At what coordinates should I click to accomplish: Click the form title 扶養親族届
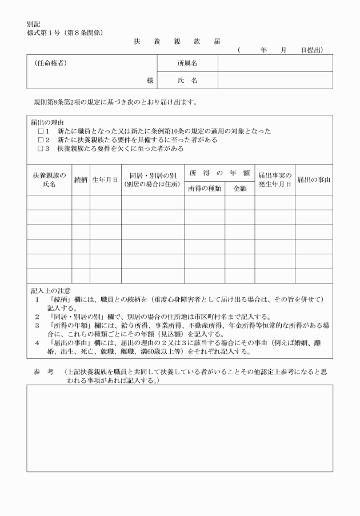tap(177, 42)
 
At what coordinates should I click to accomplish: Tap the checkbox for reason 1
tap(41, 131)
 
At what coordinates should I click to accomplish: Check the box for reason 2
tap(41, 140)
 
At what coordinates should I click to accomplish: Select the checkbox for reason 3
tap(41, 149)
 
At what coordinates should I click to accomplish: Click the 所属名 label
tap(187, 63)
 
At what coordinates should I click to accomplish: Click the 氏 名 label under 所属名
tap(187, 81)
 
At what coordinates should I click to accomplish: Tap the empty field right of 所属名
tap(274, 63)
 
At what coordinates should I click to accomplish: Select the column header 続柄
tap(81, 180)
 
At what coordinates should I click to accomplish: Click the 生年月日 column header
tap(105, 180)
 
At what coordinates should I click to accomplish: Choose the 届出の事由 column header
tap(314, 180)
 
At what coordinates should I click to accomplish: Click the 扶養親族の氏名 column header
tap(49, 180)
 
